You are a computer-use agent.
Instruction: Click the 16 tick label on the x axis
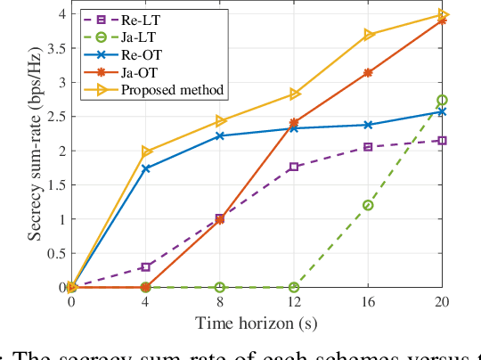click(367, 303)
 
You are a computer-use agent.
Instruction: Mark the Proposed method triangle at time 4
click(146, 151)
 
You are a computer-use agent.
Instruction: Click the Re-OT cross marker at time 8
click(220, 136)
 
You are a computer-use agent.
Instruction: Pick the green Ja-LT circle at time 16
click(367, 205)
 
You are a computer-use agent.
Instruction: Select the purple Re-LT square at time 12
click(293, 167)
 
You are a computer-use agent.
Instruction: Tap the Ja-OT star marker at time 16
click(367, 72)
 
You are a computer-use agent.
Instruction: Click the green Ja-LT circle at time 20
click(442, 101)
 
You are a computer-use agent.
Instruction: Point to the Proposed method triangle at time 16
click(367, 35)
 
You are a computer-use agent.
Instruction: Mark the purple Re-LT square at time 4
click(146, 266)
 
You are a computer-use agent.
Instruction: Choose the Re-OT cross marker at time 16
click(367, 125)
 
